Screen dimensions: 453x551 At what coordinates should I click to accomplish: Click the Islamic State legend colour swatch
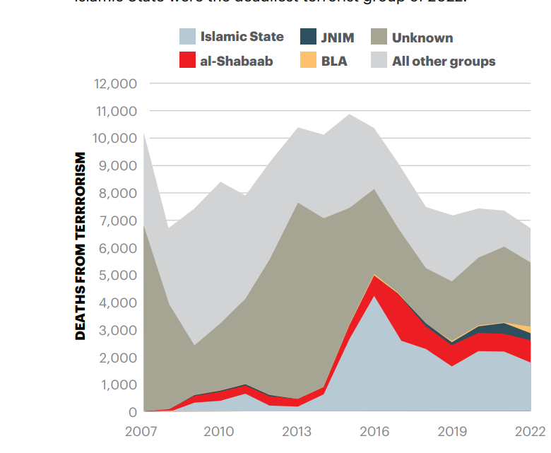(x=187, y=37)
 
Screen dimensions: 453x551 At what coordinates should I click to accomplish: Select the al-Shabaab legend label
(x=236, y=61)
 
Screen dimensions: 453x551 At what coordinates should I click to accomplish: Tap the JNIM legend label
(x=338, y=37)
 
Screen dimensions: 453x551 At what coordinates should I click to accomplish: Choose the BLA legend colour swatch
(x=308, y=61)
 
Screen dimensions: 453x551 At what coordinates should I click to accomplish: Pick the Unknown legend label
(x=422, y=37)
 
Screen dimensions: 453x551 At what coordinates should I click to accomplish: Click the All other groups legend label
(x=444, y=61)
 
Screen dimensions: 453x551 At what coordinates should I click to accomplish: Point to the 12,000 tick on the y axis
(x=114, y=83)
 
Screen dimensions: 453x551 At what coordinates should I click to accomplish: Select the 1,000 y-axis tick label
(x=117, y=384)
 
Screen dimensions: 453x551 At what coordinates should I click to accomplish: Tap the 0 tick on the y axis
(x=132, y=411)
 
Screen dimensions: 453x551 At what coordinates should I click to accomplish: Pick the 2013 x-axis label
(x=297, y=432)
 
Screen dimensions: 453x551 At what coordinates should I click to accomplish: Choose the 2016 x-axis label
(x=374, y=432)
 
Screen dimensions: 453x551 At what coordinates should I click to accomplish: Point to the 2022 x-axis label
(x=530, y=432)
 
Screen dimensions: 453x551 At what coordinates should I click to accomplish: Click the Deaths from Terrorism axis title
(x=81, y=246)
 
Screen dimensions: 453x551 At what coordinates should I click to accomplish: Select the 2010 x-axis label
(x=220, y=432)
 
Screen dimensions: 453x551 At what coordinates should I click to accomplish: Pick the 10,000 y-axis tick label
(x=114, y=138)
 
